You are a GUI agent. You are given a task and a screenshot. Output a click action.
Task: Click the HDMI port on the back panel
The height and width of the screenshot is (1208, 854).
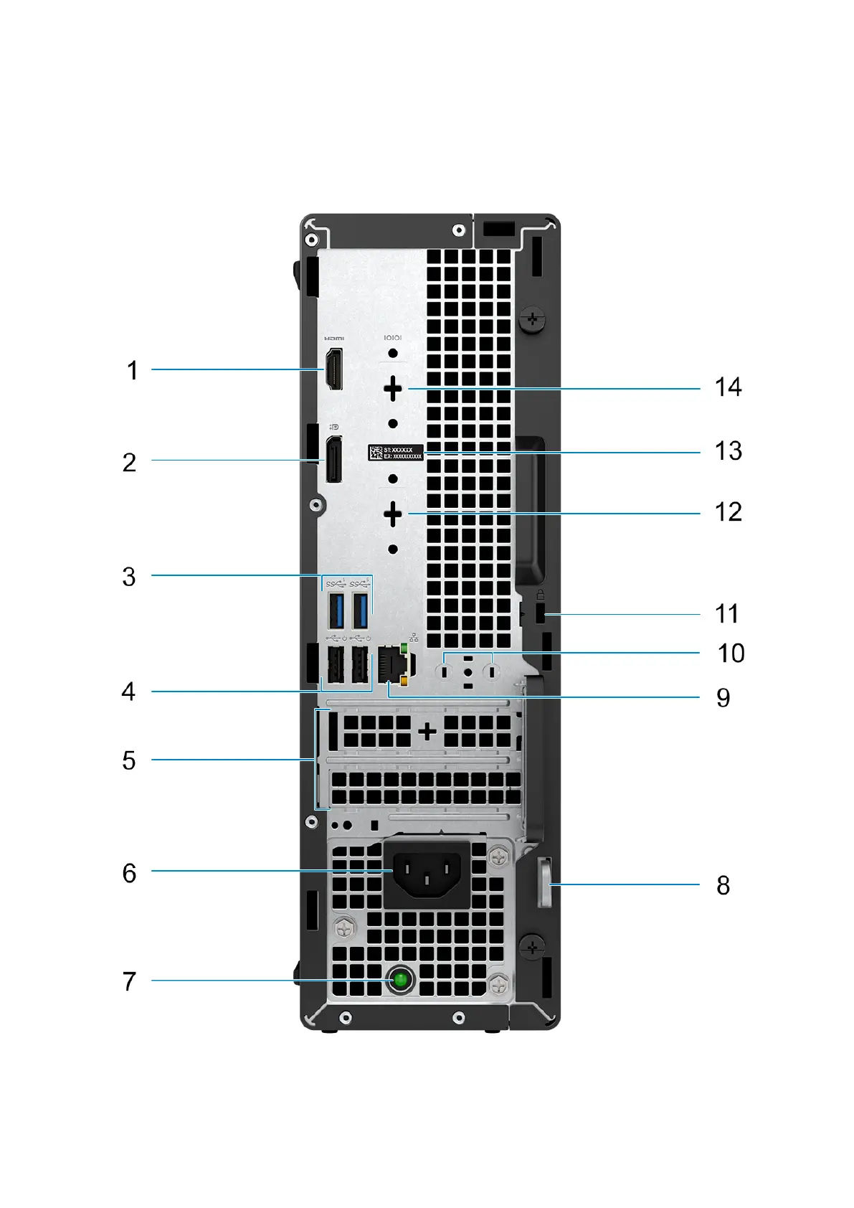[334, 369]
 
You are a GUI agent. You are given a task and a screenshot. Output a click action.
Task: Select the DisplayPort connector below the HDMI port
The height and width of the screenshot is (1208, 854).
[334, 459]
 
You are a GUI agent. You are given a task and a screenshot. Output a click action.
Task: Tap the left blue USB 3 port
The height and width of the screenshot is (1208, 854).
[336, 610]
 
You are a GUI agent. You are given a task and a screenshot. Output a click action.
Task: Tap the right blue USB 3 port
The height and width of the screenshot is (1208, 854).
[361, 610]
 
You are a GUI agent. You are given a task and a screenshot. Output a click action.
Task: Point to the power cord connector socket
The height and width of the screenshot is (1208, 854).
[427, 874]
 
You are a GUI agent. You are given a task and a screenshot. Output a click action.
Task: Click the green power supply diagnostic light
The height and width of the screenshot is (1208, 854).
[400, 980]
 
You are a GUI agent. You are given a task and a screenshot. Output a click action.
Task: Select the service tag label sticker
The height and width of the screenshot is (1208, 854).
[396, 453]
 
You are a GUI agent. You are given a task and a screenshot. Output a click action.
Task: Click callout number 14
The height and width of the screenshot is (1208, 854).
[728, 387]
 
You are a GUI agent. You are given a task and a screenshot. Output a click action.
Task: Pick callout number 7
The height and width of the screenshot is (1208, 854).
[129, 981]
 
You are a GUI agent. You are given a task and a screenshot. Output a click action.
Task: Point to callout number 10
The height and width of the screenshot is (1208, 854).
[731, 653]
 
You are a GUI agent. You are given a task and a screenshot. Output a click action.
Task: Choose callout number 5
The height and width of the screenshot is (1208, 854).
[129, 760]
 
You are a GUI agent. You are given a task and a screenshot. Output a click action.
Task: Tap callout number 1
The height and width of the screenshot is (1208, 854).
[132, 370]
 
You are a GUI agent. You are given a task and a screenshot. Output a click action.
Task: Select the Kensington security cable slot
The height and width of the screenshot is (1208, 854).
[540, 614]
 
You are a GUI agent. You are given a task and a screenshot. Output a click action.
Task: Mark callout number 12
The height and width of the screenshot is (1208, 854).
[728, 512]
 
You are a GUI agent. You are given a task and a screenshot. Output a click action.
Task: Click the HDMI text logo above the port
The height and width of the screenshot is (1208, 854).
[334, 339]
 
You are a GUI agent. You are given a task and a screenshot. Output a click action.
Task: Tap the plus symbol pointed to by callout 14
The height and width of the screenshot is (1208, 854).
[393, 389]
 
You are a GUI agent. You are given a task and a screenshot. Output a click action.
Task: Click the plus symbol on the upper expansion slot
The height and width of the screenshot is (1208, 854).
[427, 732]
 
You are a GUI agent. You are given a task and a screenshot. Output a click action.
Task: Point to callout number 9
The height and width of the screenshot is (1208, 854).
[723, 698]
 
